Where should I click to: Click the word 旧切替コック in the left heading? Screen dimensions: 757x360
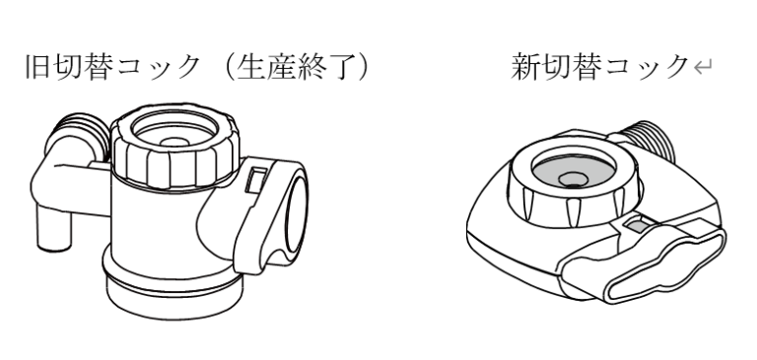point(112,67)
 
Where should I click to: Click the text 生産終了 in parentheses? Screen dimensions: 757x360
point(298,67)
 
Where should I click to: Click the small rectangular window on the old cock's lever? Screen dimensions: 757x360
point(256,180)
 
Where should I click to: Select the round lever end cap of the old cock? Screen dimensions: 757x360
point(295,217)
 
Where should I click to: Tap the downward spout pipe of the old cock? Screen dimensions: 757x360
point(54,227)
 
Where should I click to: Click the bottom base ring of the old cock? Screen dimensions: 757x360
point(174,297)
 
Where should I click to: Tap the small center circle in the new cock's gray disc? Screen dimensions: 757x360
point(574,180)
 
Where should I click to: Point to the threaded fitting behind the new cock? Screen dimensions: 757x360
point(650,139)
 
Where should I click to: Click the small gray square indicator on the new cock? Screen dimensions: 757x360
point(637,225)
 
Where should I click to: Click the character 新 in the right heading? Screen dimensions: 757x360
point(525,67)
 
